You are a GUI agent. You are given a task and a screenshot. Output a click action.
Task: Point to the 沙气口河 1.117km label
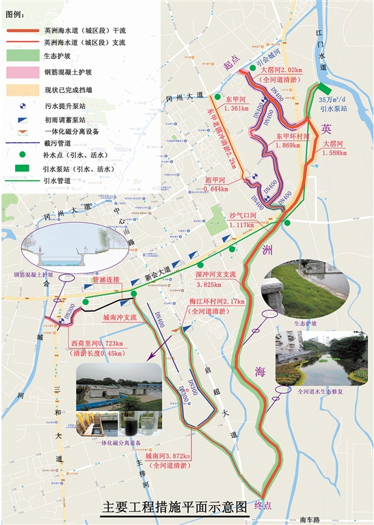(241, 219)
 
